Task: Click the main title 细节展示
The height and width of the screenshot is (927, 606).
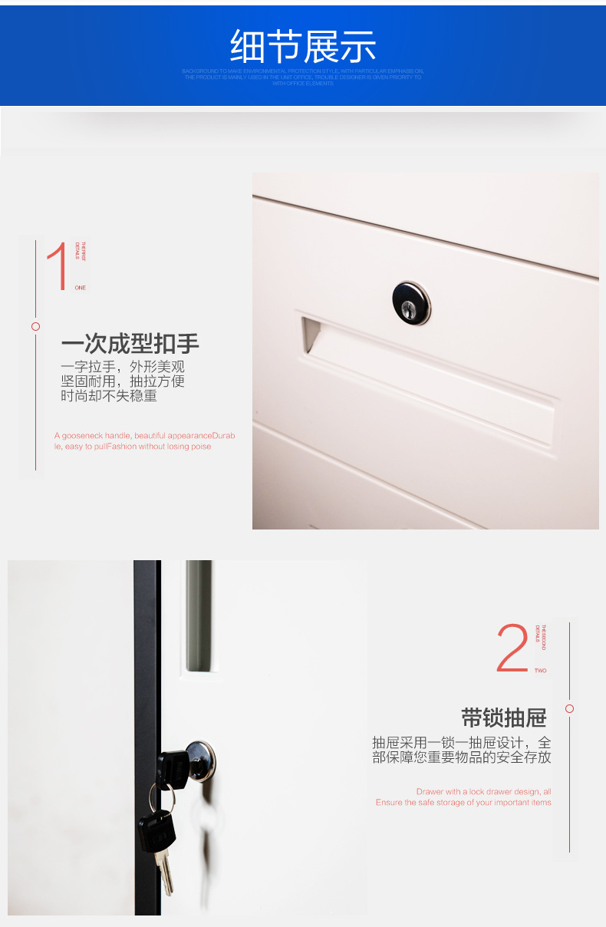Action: tap(303, 47)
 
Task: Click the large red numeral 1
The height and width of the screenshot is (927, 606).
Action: tap(58, 266)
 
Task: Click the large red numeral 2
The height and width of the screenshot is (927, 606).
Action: tap(512, 648)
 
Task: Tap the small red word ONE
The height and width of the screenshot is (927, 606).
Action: tap(81, 288)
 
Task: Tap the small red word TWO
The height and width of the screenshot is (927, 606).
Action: tap(541, 671)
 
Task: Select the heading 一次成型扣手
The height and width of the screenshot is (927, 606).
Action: tap(130, 343)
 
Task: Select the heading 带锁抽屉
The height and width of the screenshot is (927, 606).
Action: tap(503, 718)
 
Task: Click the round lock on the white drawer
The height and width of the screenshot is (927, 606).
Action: tap(411, 302)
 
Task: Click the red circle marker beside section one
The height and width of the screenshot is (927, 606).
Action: tap(35, 326)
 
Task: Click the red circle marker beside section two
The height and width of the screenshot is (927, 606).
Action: tap(569, 708)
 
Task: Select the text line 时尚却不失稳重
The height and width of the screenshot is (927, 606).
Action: tap(109, 396)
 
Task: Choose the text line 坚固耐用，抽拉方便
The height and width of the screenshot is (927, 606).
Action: tap(123, 381)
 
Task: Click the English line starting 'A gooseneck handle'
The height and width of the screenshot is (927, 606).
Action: tap(144, 435)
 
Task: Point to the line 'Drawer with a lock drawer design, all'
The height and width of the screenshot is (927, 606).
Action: tap(483, 791)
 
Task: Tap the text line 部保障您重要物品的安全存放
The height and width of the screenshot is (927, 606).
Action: tap(462, 757)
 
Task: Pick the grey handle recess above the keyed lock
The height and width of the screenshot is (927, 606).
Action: tap(198, 618)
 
